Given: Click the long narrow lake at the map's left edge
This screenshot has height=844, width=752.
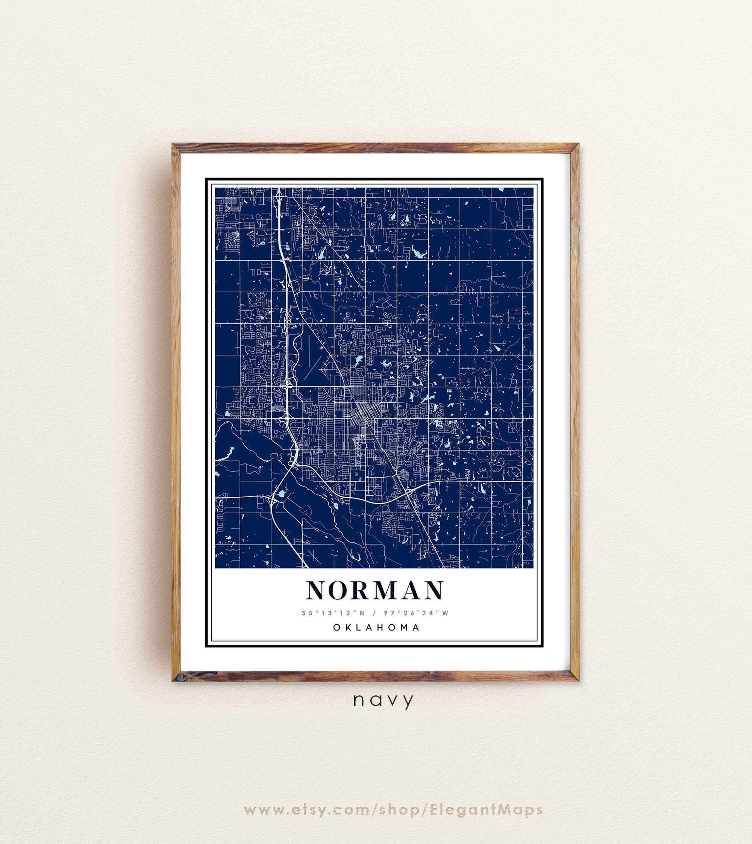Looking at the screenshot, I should [x=225, y=455].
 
